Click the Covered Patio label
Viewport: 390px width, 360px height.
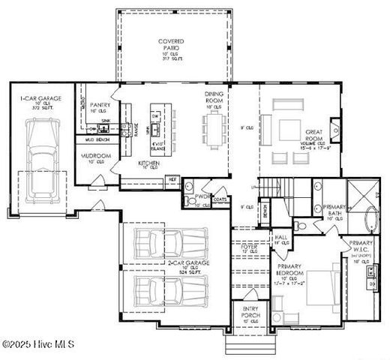[171, 45]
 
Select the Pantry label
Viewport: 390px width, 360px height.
[100, 106]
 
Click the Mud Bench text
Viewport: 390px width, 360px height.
[98, 140]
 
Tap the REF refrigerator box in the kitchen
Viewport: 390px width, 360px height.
[172, 180]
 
